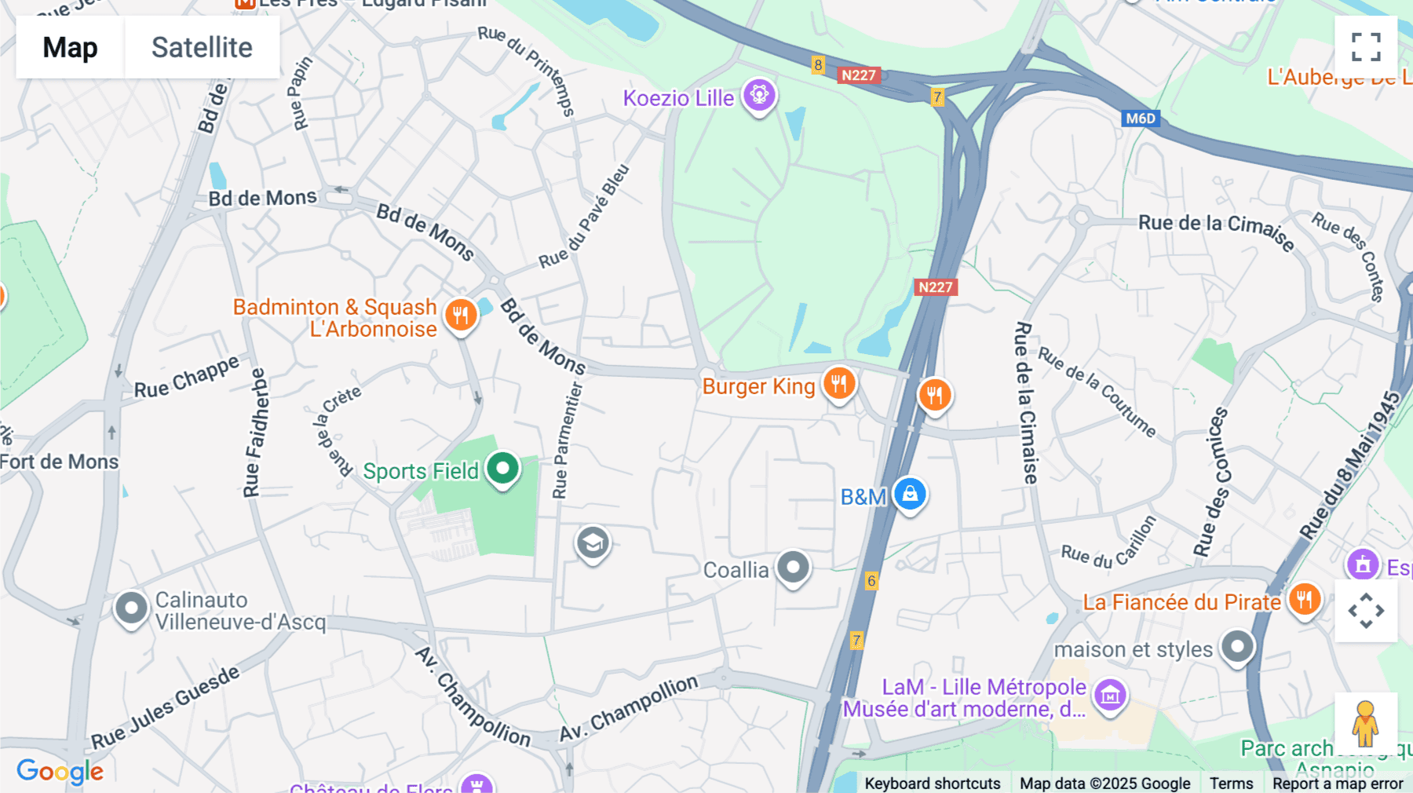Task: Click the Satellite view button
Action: [202, 47]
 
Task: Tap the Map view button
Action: [70, 47]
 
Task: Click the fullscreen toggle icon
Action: [1366, 47]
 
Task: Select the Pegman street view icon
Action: [1365, 723]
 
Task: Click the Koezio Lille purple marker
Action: [759, 96]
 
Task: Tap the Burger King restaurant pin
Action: [839, 383]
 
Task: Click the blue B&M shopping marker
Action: [910, 495]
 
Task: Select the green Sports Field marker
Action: [502, 469]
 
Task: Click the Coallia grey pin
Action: [793, 567]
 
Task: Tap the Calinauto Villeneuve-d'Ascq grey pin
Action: [131, 608]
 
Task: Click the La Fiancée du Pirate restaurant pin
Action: [1304, 601]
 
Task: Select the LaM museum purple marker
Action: [1110, 695]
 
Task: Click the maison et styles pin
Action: [1238, 648]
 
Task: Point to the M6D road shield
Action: [1141, 119]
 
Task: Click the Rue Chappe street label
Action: [186, 378]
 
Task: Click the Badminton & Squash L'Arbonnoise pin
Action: [461, 316]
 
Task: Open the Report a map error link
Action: [1338, 784]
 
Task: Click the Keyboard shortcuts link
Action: [932, 784]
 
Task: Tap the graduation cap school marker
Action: [593, 543]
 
